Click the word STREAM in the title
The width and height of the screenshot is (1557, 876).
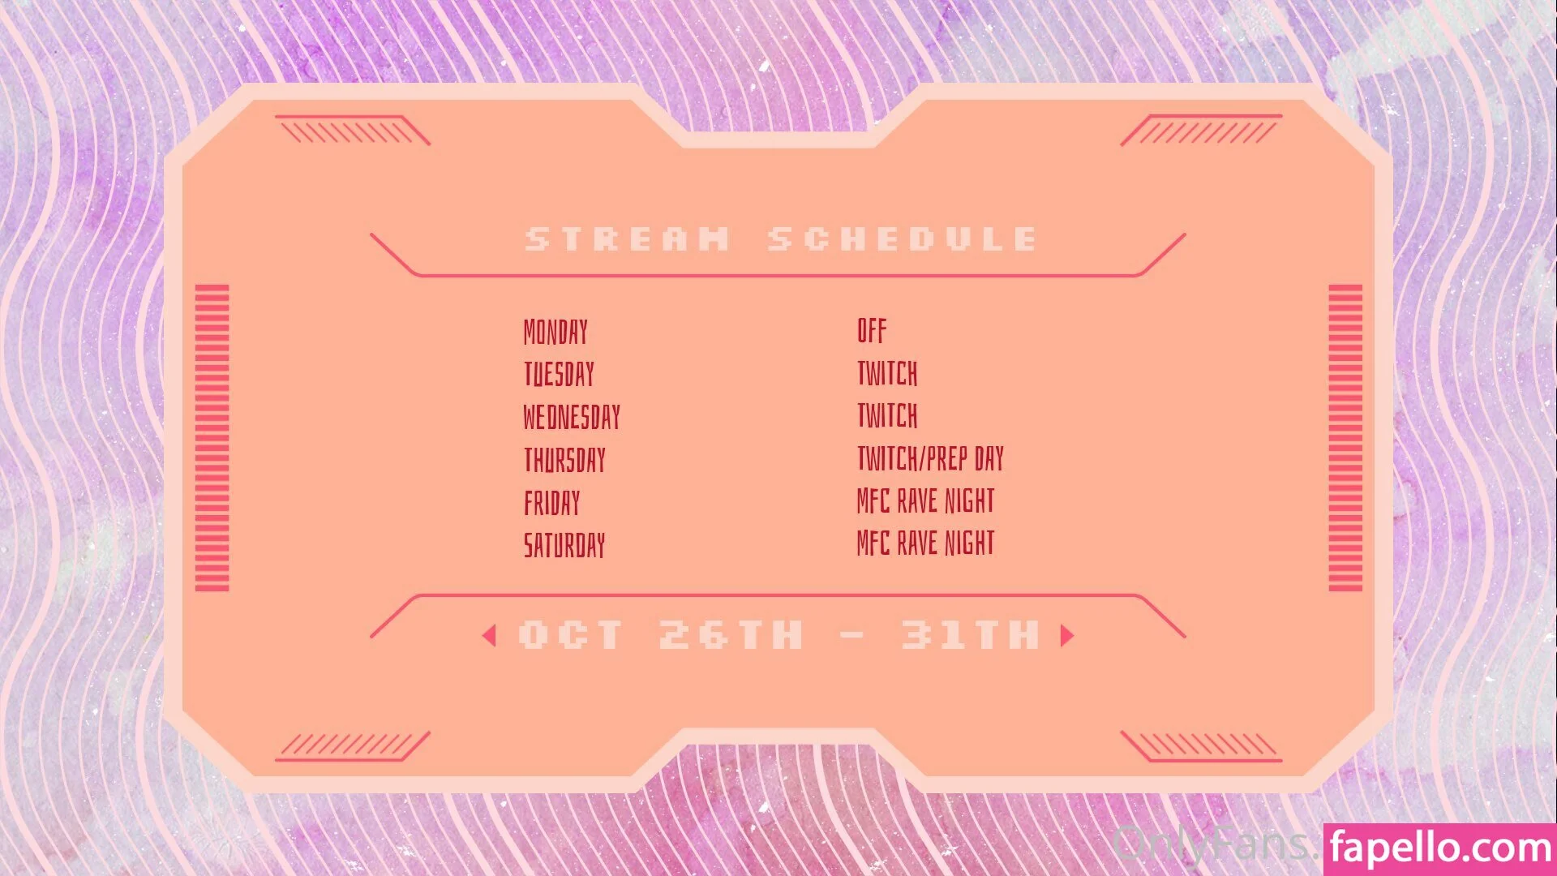pos(628,239)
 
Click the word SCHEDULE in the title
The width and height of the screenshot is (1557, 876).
pos(903,239)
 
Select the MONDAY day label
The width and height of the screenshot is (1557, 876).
pos(555,332)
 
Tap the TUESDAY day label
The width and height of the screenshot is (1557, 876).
pos(559,375)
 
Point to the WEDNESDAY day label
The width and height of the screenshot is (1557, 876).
pos(572,417)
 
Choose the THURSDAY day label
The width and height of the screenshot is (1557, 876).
pos(564,460)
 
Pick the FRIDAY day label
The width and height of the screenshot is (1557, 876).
pos(551,503)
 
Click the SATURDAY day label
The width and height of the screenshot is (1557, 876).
pos(564,545)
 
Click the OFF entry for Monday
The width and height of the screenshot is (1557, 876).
pos(872,330)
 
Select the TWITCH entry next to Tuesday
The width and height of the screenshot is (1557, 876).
pos(887,373)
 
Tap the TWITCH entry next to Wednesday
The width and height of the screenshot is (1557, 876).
pos(887,415)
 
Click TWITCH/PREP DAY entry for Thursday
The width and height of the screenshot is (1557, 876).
pos(930,458)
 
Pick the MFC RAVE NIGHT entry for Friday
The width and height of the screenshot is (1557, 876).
pos(925,500)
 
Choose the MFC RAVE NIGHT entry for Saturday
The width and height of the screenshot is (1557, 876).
pos(925,543)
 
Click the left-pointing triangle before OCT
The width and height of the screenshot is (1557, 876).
pos(489,635)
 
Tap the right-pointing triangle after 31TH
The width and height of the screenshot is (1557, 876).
pos(1067,635)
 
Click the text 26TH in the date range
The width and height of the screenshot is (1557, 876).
pos(731,635)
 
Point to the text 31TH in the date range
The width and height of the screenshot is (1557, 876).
pos(970,635)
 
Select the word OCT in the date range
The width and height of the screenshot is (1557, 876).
pos(571,635)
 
